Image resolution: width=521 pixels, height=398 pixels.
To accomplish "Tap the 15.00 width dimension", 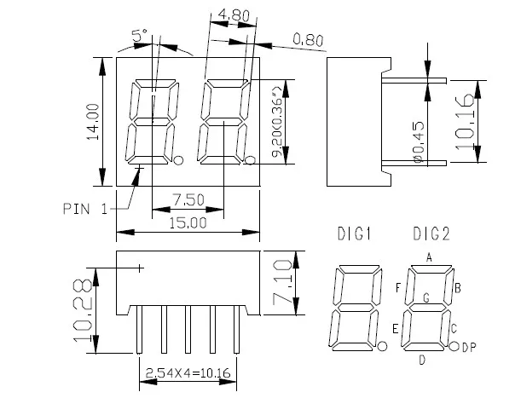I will (x=188, y=223).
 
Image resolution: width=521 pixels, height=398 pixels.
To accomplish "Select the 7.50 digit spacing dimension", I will (x=188, y=199).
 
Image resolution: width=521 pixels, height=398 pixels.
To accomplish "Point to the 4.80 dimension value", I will (x=233, y=14).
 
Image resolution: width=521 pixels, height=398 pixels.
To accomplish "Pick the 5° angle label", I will (x=140, y=35).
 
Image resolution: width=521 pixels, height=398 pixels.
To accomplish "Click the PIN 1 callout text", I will (x=84, y=208).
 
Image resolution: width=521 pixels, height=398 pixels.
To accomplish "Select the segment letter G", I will (x=425, y=297).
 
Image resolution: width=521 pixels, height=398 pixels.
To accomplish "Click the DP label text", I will (x=468, y=347).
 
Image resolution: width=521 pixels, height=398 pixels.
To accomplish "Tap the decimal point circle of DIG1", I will (x=382, y=346).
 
